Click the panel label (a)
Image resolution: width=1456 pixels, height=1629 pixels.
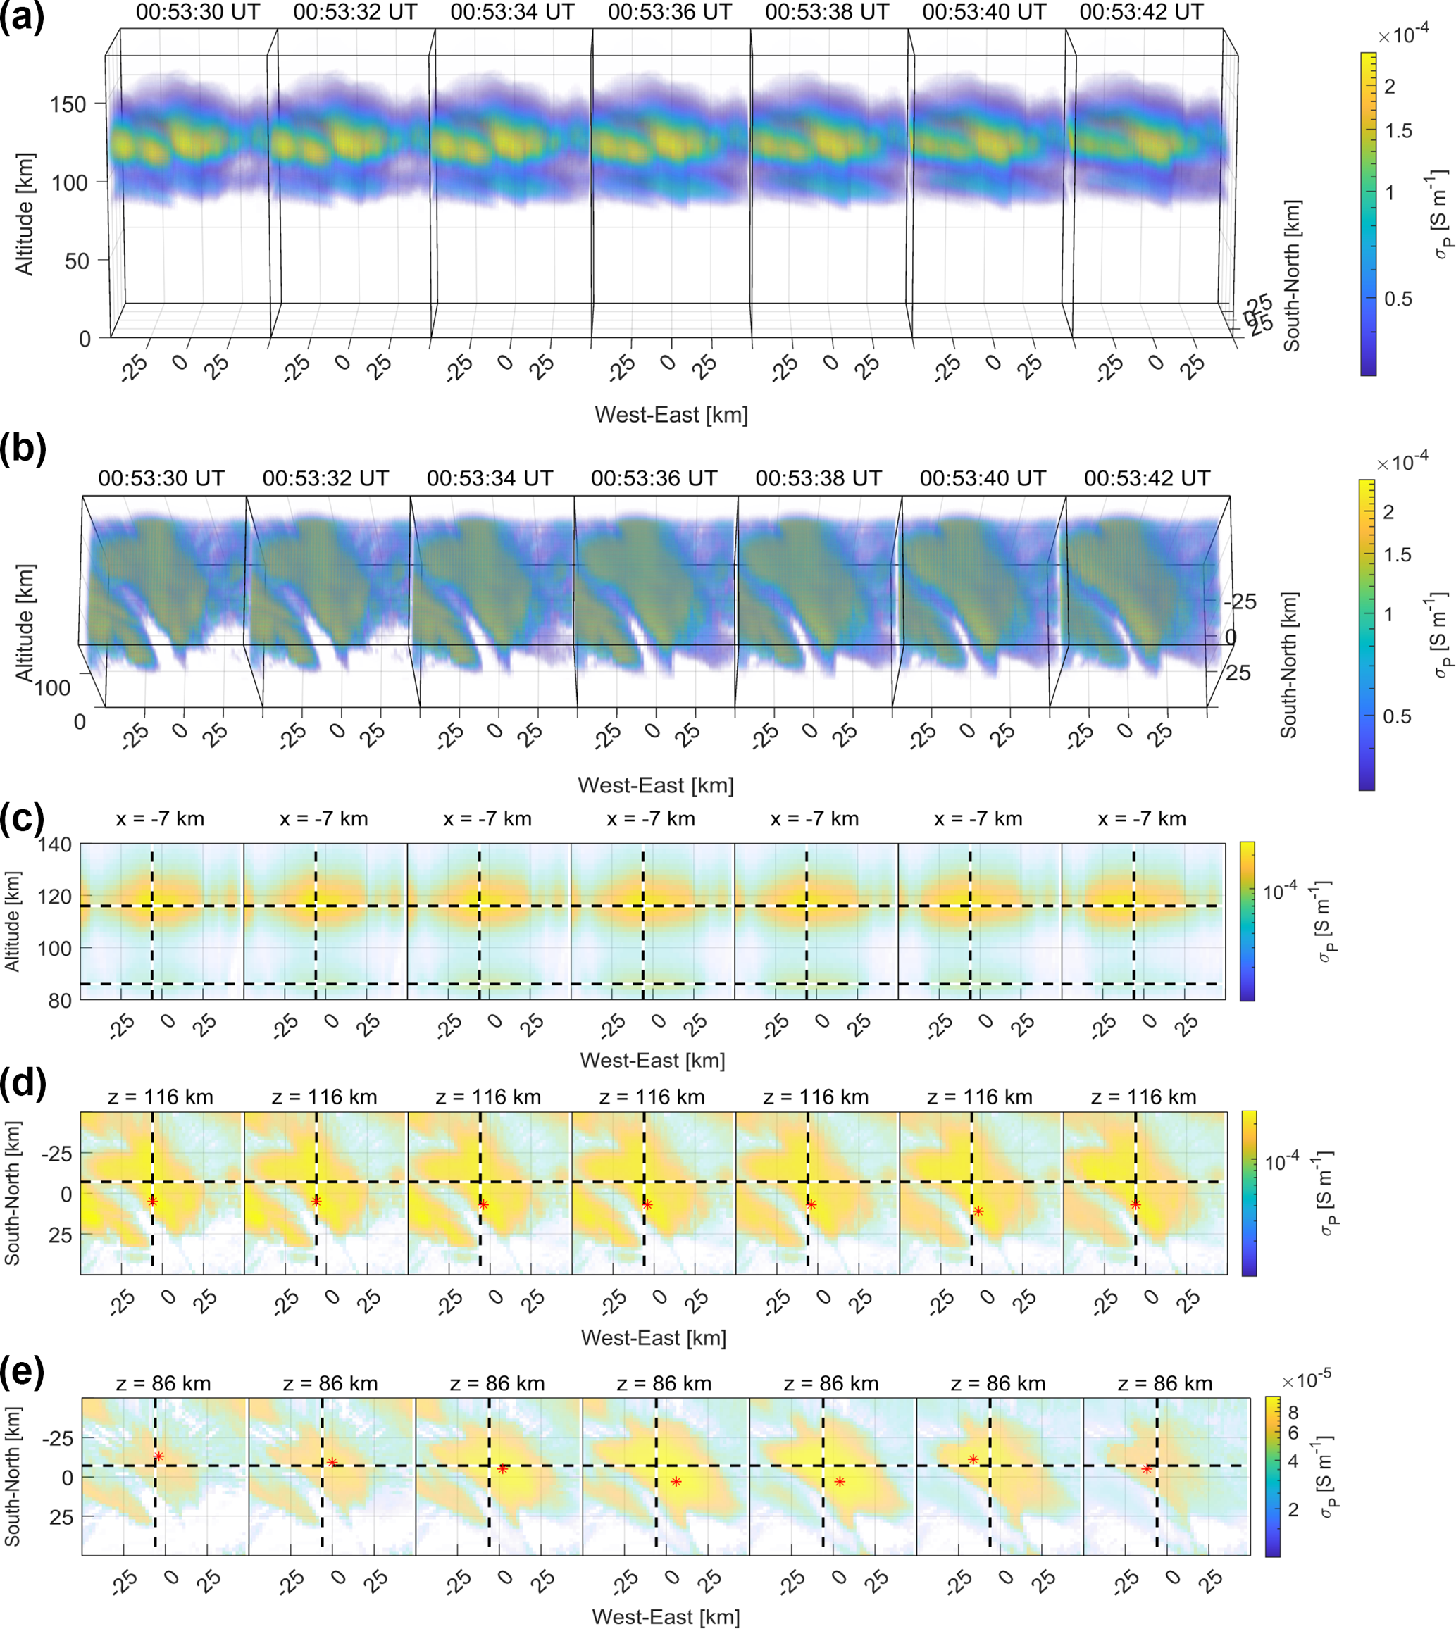(x=23, y=18)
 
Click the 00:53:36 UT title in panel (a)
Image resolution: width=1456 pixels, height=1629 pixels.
(x=670, y=12)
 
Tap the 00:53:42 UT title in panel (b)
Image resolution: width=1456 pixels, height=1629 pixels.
(x=1146, y=478)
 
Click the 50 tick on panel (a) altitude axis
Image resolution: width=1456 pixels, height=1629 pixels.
(x=77, y=261)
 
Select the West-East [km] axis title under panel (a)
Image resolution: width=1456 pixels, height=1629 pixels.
(x=671, y=415)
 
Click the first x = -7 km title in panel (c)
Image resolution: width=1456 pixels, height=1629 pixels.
(x=160, y=819)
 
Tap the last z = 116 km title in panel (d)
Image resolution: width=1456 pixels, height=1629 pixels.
(x=1143, y=1097)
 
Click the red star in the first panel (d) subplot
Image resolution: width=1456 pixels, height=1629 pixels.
(x=152, y=1202)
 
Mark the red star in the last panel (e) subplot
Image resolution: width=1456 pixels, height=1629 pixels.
(x=1146, y=1470)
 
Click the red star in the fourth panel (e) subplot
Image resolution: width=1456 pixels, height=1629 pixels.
(x=676, y=1482)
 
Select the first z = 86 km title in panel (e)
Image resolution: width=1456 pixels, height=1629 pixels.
(x=163, y=1383)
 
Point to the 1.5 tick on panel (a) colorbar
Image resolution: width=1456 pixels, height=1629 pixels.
(x=1398, y=131)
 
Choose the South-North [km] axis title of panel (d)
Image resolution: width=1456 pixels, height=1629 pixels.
(x=13, y=1192)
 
